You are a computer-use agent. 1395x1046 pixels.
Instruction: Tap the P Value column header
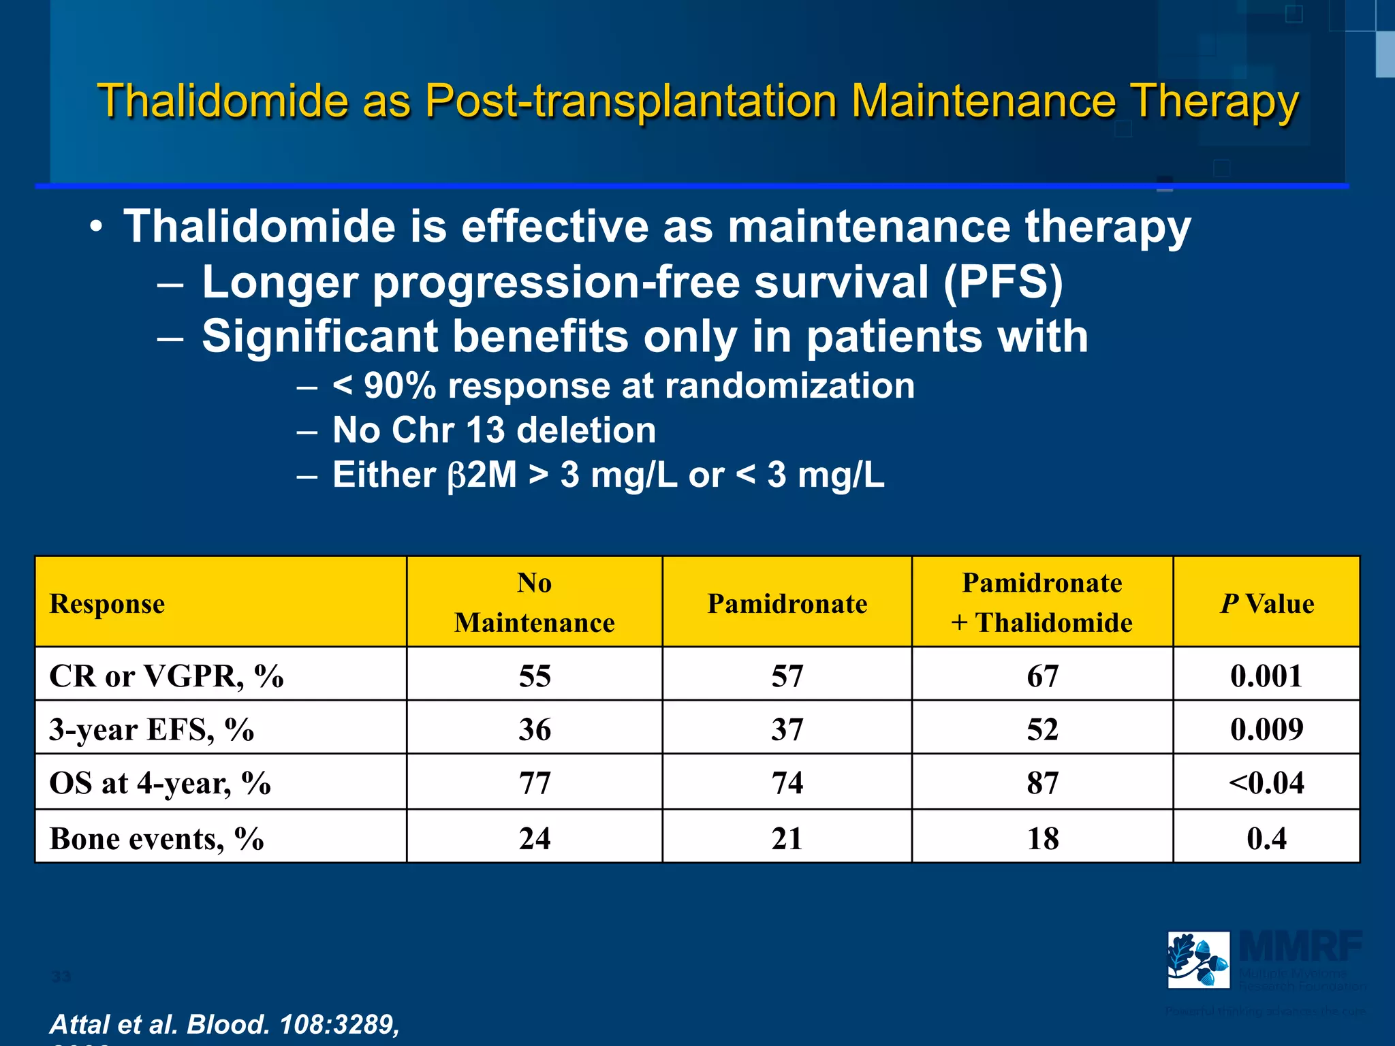[x=1266, y=604]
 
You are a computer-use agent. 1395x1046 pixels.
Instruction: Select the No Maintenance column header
[x=534, y=603]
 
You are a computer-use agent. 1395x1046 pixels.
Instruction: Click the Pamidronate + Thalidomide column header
[x=1041, y=603]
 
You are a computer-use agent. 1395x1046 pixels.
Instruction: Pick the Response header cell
[x=107, y=604]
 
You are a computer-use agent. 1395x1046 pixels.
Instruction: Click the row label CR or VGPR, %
[x=166, y=676]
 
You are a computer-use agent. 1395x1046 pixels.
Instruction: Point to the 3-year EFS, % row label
[x=151, y=730]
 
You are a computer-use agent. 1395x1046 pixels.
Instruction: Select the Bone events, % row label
[x=157, y=838]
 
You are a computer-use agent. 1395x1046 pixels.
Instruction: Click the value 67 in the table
[x=1042, y=676]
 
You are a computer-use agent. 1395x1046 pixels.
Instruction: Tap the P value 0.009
[x=1266, y=729]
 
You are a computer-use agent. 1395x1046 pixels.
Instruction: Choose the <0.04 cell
[x=1266, y=783]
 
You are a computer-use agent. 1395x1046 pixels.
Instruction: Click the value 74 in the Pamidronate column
[x=787, y=783]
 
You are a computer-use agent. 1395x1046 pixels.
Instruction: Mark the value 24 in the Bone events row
[x=534, y=838]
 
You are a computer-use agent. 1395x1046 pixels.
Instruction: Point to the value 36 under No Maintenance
[x=534, y=729]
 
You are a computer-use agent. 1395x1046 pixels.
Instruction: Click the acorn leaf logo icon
[x=1198, y=960]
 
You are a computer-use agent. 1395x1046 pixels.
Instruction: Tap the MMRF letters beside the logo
[x=1300, y=947]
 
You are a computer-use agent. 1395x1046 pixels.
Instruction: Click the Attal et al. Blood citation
[x=225, y=1024]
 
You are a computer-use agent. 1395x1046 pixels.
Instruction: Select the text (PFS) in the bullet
[x=1003, y=283]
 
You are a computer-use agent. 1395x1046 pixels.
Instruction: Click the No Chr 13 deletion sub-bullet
[x=494, y=430]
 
